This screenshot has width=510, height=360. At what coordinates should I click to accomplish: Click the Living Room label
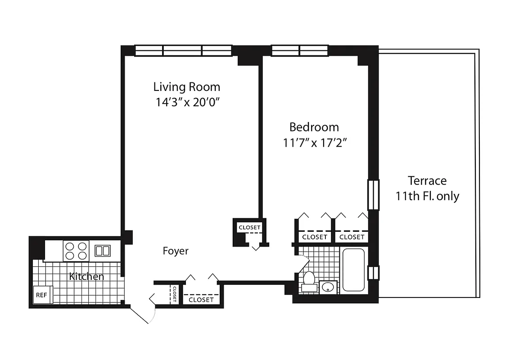[187, 86]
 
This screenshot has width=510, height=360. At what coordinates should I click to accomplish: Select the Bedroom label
[314, 127]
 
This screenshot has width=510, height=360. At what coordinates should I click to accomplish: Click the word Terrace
[427, 181]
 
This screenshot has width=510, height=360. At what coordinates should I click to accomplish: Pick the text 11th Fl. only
[427, 197]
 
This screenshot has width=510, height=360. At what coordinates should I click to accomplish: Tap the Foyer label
[176, 251]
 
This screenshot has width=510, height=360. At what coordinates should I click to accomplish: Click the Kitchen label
[86, 276]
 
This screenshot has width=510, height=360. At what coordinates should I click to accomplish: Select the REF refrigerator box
[42, 295]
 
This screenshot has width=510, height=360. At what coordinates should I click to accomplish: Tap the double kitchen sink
[102, 251]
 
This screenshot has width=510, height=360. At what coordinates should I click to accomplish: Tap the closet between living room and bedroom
[249, 228]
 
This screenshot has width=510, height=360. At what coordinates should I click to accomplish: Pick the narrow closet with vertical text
[174, 293]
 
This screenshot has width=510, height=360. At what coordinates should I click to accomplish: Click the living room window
[183, 50]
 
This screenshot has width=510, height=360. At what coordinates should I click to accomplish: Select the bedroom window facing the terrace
[373, 194]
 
